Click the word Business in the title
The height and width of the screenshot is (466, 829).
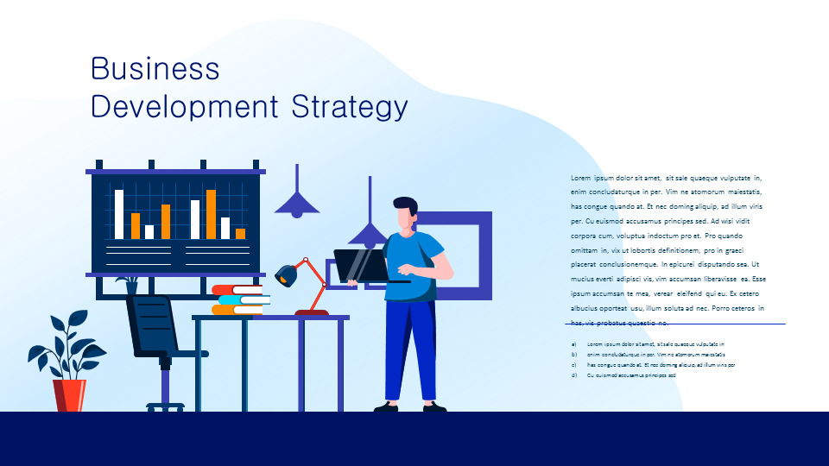pyautogui.click(x=155, y=69)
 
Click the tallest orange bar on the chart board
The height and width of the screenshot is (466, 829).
pyautogui.click(x=211, y=214)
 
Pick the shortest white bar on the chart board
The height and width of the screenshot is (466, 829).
pyautogui.click(x=149, y=231)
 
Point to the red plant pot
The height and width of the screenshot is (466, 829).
pyautogui.click(x=69, y=395)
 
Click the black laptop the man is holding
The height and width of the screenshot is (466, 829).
pyautogui.click(x=361, y=266)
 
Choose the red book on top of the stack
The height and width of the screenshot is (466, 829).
pyautogui.click(x=237, y=290)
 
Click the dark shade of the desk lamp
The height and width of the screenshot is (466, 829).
pyautogui.click(x=287, y=274)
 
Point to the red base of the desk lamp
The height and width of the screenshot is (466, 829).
pyautogui.click(x=311, y=312)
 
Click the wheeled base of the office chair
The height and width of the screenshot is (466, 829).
pyautogui.click(x=165, y=405)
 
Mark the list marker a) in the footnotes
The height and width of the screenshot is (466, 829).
pyautogui.click(x=574, y=343)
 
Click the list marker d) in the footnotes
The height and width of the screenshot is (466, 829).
pyautogui.click(x=574, y=375)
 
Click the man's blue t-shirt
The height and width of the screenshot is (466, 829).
pyautogui.click(x=413, y=268)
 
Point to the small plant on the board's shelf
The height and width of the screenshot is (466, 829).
pyautogui.click(x=130, y=284)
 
